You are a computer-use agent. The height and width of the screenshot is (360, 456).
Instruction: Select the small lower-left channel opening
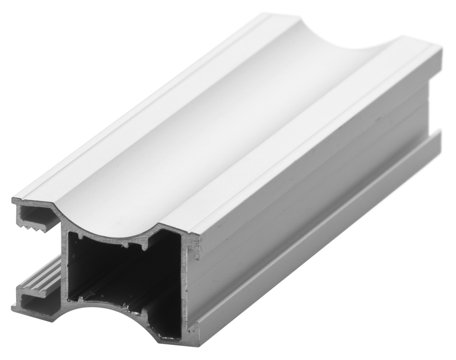tap(36, 304)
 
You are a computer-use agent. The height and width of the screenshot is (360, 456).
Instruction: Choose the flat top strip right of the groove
tap(304, 137)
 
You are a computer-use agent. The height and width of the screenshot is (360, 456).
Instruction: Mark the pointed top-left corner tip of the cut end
tap(14, 199)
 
